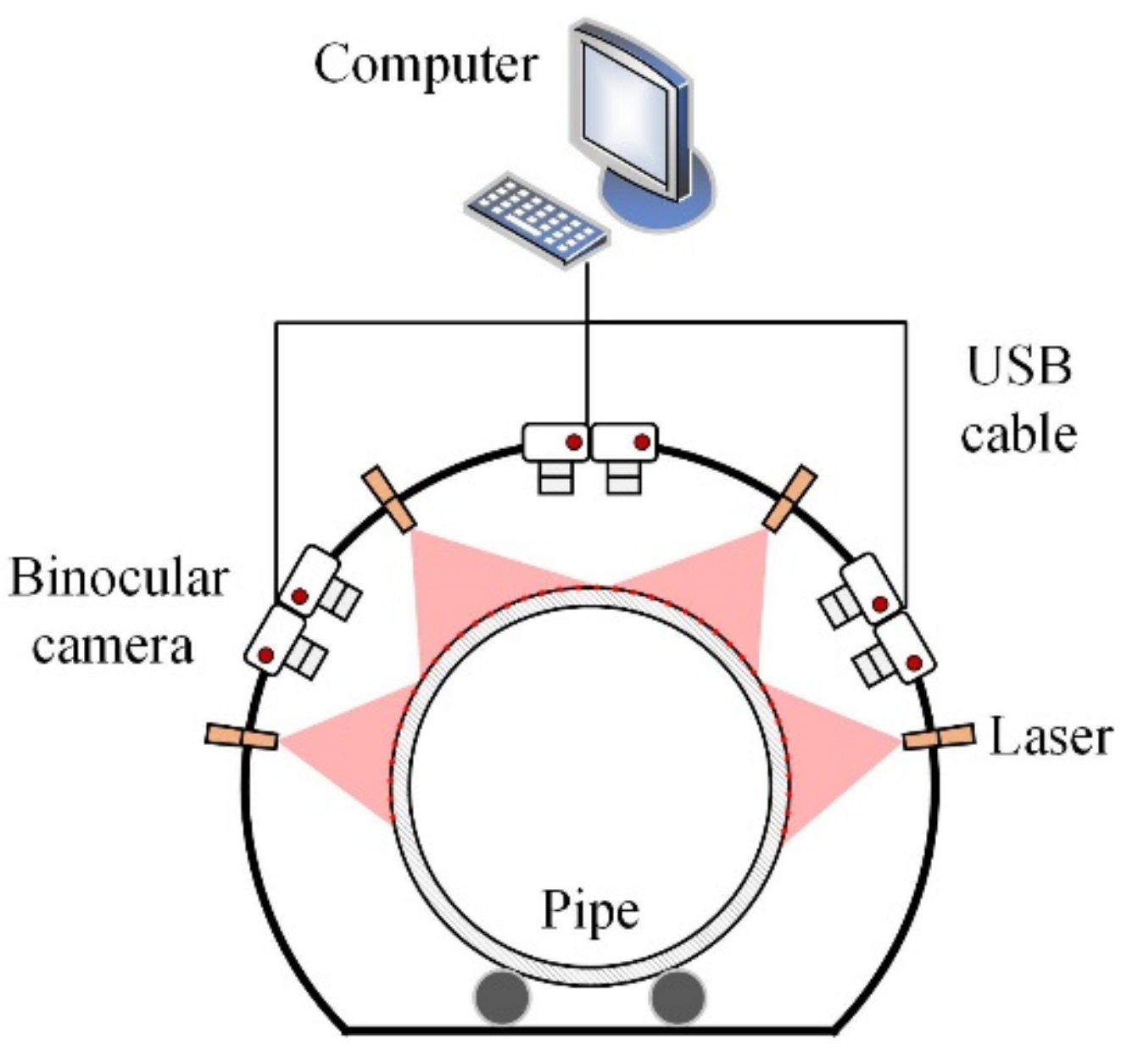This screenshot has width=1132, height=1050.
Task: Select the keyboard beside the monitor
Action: [536, 220]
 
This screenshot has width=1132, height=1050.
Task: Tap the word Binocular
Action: [118, 580]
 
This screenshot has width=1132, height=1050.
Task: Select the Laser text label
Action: [1049, 737]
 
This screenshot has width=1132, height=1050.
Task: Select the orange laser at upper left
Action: [388, 500]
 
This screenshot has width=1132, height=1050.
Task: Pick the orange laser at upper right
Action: [790, 499]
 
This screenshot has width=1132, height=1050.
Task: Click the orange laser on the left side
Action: [241, 737]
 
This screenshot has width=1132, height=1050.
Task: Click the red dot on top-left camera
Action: [574, 441]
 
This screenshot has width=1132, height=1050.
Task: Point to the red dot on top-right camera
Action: [642, 441]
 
